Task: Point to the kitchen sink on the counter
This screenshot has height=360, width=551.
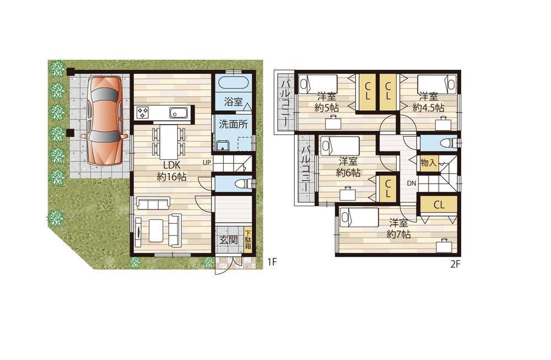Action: (x=179, y=112)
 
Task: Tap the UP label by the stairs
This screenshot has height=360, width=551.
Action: (x=207, y=163)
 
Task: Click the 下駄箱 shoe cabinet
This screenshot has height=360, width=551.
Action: (x=248, y=240)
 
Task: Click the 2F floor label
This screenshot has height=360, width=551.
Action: (x=455, y=264)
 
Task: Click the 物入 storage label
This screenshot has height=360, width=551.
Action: (x=428, y=163)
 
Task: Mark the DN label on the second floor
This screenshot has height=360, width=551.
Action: (x=412, y=183)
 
